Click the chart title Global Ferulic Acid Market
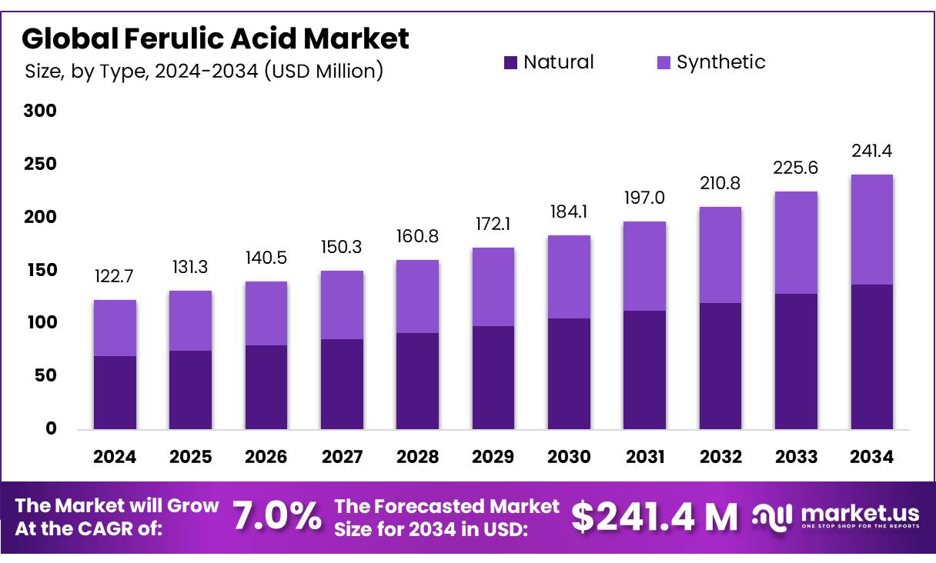[x=216, y=38]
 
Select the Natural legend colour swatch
[x=510, y=62]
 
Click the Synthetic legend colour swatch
[x=664, y=62]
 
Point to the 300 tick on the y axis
[x=40, y=111]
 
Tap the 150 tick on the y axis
[x=40, y=270]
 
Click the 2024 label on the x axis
[x=115, y=457]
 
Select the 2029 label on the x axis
[x=493, y=457]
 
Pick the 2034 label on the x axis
[x=871, y=457]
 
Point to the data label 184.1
[x=569, y=211]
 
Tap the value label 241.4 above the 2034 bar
[x=871, y=151]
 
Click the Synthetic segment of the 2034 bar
[x=871, y=229]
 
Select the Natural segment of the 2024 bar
[x=115, y=392]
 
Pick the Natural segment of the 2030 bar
[x=569, y=373]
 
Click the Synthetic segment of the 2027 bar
[x=342, y=305]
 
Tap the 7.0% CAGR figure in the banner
[x=277, y=517]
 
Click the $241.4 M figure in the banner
[x=654, y=517]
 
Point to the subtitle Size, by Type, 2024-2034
[x=204, y=72]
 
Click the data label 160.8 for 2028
[x=417, y=237]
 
